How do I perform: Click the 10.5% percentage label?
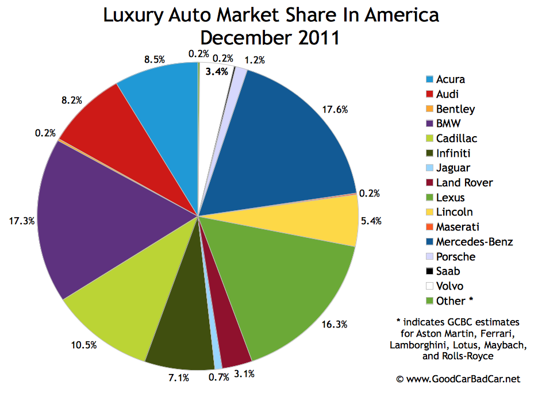pos(85,345)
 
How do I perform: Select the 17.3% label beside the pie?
pos(21,219)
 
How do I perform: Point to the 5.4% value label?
pos(370,220)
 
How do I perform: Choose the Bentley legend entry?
pos(455,109)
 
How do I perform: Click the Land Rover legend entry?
pos(464,183)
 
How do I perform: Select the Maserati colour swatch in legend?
pos(428,228)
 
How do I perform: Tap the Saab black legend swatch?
pos(428,272)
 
